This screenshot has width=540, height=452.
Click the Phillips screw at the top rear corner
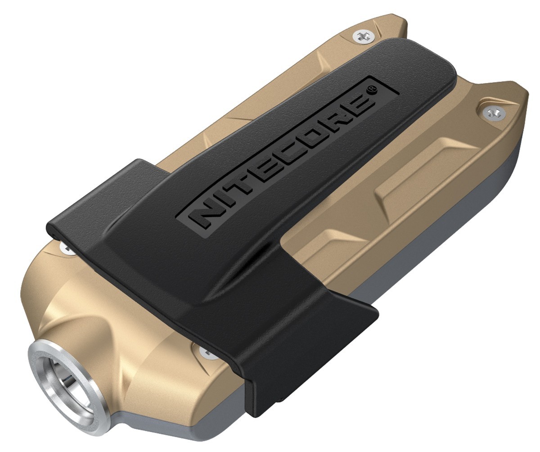pos(361,36)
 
